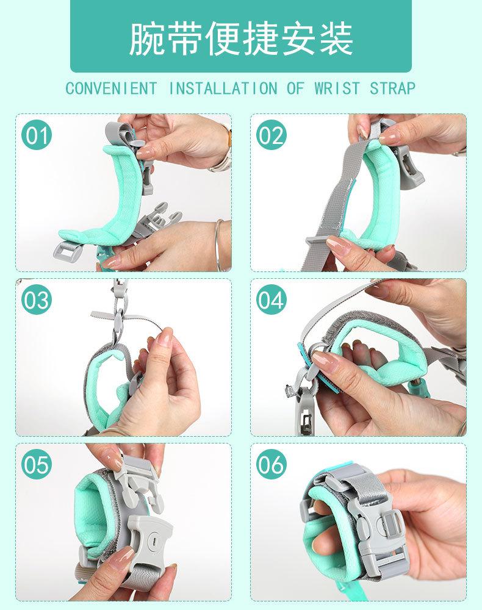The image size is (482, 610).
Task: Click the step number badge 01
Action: coord(37,135)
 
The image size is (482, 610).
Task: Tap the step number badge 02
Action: coord(271,135)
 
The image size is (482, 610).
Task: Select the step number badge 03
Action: coord(37,300)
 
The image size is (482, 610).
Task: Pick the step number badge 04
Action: coord(271,300)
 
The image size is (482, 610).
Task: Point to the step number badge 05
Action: coord(37,464)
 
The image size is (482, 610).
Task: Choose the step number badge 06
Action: coord(271,464)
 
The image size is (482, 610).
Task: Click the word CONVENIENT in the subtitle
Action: coord(111,88)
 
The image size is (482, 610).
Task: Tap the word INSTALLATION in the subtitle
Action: coord(223,88)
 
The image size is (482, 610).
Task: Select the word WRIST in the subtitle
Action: coord(337,88)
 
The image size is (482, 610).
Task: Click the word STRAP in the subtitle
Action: coord(392,88)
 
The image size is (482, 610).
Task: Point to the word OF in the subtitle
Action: coord(295,88)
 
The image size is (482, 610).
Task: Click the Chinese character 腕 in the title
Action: coord(146,38)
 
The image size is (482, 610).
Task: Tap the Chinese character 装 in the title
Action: coord(336,38)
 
